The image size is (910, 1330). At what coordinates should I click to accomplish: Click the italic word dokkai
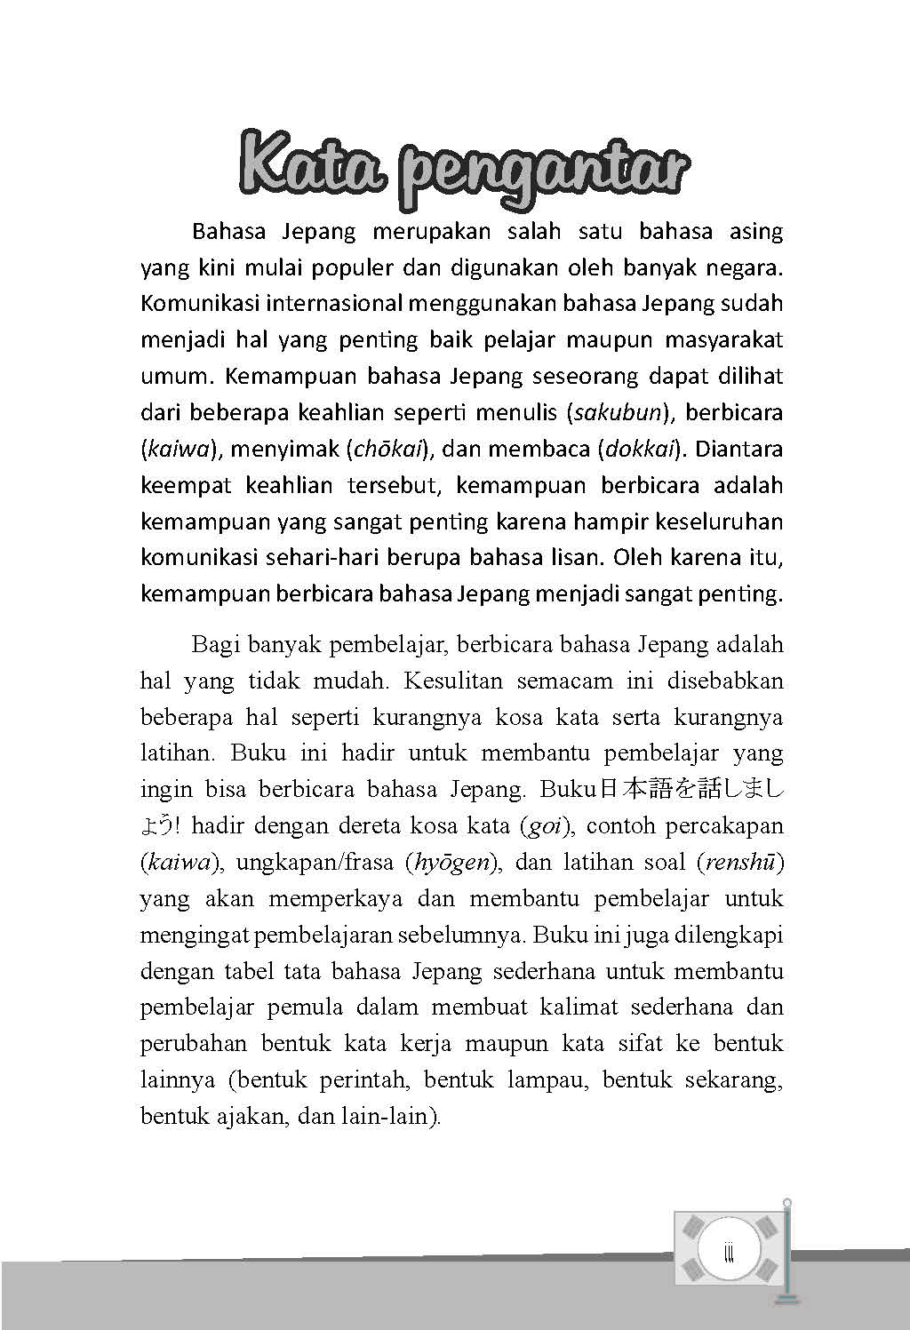click(640, 450)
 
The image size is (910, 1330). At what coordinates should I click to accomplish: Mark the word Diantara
click(739, 449)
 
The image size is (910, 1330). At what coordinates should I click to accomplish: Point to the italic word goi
click(544, 826)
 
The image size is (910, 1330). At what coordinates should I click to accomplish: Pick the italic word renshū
click(739, 863)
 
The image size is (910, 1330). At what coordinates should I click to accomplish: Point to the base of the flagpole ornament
click(785, 1300)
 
